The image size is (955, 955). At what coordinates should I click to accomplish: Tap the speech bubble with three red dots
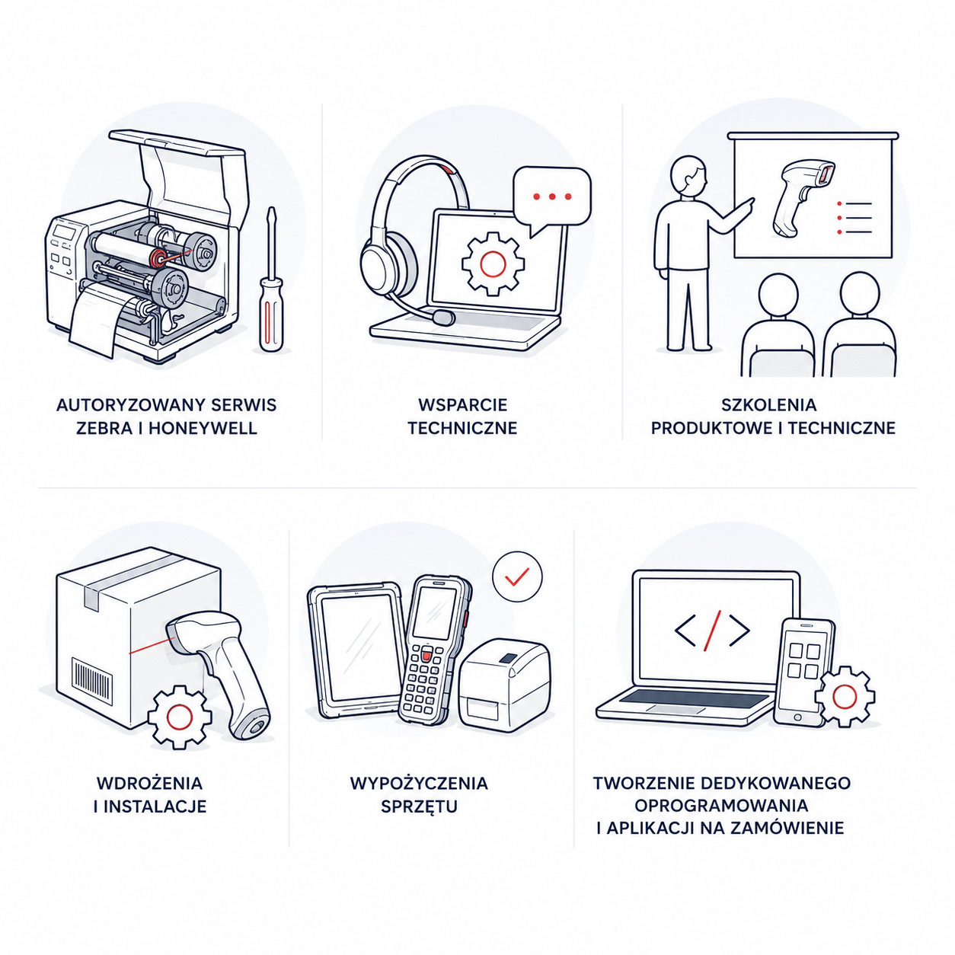[x=552, y=198]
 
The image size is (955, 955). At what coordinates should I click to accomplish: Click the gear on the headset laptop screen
[x=493, y=264]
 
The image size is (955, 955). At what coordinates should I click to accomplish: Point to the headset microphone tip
[x=443, y=317]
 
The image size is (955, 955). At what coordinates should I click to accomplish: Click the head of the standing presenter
[x=688, y=176]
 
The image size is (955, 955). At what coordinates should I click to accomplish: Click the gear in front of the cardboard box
[x=180, y=717]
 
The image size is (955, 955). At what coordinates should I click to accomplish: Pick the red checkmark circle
[x=517, y=577]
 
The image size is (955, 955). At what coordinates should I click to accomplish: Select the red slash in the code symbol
[x=712, y=630]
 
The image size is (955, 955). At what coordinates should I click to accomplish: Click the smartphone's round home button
[x=797, y=717]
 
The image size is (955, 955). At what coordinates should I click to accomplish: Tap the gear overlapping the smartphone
[x=845, y=696]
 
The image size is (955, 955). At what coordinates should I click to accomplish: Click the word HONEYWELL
[x=203, y=428]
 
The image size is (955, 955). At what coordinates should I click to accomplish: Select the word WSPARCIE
[x=462, y=404]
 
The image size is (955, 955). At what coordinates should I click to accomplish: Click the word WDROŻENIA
[x=150, y=783]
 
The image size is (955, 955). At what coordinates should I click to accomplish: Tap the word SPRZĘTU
[x=419, y=806]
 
